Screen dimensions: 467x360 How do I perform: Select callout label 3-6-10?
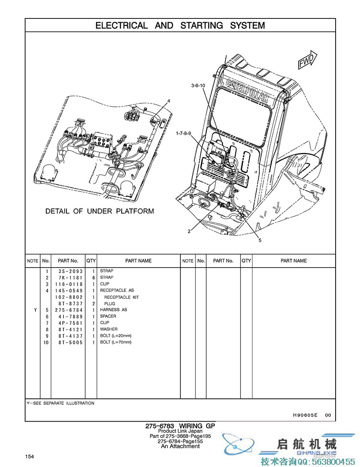(x=198, y=86)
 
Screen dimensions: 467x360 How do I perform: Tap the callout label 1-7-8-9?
(x=185, y=134)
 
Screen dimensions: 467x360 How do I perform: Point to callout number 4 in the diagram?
(x=169, y=101)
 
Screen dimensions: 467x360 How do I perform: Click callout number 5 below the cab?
(x=260, y=241)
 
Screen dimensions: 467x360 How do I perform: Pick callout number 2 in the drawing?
(x=189, y=232)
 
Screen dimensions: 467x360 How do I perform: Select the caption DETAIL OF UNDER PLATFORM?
(x=99, y=211)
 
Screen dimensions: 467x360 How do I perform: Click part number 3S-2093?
(x=70, y=271)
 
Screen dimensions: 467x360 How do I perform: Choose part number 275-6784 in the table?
(x=70, y=310)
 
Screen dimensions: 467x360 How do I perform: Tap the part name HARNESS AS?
(x=114, y=310)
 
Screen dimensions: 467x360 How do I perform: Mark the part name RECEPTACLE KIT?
(x=121, y=297)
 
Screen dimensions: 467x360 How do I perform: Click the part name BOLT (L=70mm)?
(x=116, y=342)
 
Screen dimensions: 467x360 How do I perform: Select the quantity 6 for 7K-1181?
(x=93, y=277)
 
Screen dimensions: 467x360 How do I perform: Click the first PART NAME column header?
(x=138, y=261)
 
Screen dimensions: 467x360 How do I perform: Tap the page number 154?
(x=30, y=456)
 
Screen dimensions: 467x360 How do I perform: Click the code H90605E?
(x=305, y=415)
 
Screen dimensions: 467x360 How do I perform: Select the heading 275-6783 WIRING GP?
(x=180, y=426)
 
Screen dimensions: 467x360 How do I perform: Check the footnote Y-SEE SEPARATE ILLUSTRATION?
(x=60, y=403)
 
